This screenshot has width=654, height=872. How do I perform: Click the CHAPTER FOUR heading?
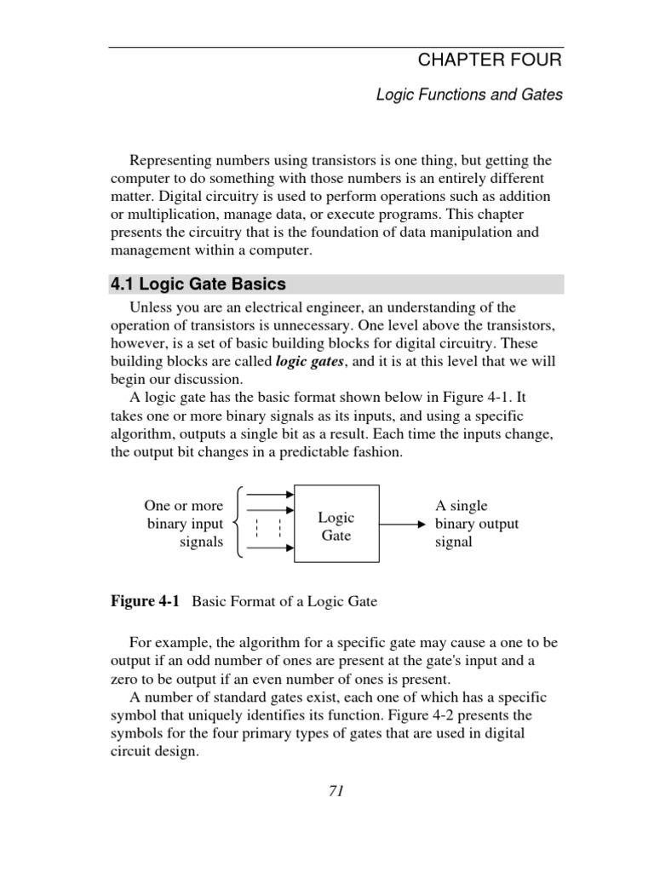(x=490, y=60)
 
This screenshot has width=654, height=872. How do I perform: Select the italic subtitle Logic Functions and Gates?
(x=469, y=95)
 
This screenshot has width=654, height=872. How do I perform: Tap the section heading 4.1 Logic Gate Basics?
(x=198, y=284)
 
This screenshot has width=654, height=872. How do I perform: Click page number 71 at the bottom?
(x=336, y=791)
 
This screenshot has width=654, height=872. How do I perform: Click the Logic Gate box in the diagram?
(x=336, y=525)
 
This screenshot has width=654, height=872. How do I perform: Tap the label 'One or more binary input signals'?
(x=185, y=524)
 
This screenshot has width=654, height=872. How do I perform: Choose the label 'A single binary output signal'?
(x=476, y=524)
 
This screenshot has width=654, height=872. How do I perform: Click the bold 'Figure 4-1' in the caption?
(x=146, y=601)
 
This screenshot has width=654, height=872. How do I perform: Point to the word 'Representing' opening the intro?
(x=169, y=161)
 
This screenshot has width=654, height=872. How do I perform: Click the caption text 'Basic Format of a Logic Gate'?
(x=284, y=601)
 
